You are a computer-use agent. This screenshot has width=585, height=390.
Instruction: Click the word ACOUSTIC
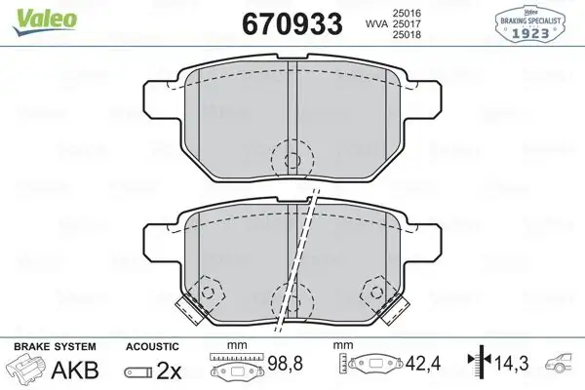(152, 347)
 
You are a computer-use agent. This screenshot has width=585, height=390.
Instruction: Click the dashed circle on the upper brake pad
(290, 158)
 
